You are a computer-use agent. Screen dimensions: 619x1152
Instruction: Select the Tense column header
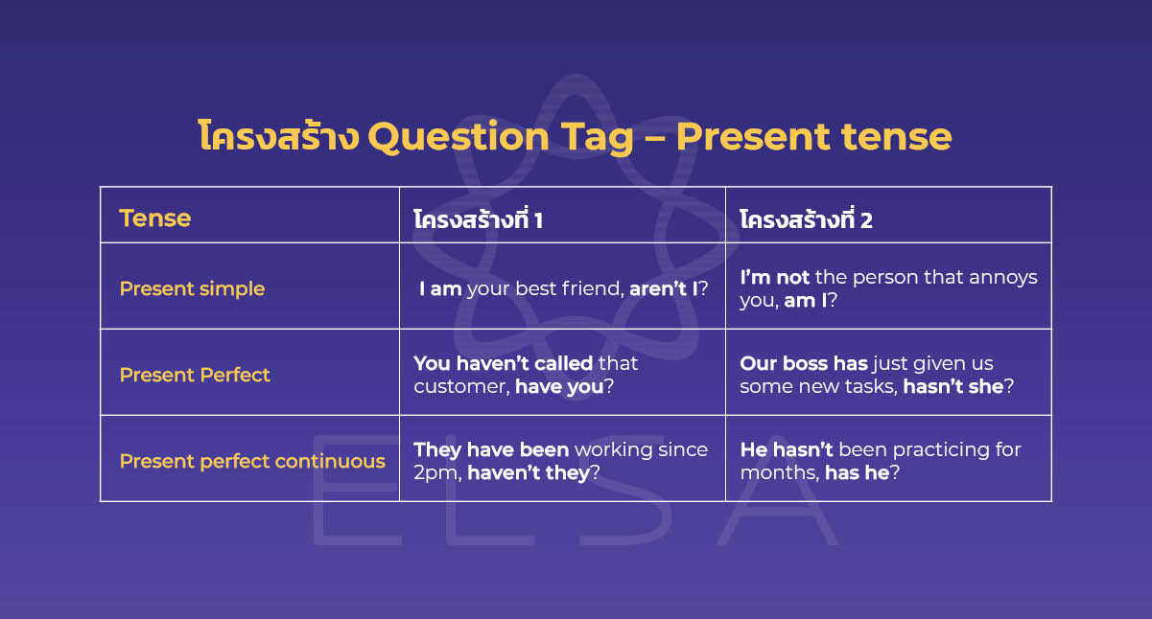[154, 218]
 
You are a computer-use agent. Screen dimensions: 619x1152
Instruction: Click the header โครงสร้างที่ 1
[478, 219]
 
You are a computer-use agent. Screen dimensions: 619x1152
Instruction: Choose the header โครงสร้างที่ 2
[806, 219]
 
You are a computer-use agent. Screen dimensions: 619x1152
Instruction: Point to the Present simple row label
[192, 288]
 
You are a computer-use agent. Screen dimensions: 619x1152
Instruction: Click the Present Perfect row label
[195, 375]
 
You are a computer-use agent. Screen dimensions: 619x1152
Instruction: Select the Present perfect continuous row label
[252, 461]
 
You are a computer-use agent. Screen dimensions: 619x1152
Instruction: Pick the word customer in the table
[460, 386]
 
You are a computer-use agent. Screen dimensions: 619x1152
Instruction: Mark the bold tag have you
[558, 386]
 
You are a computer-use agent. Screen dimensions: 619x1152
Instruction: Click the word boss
[805, 363]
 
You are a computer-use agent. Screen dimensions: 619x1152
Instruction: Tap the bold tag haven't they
[528, 472]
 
